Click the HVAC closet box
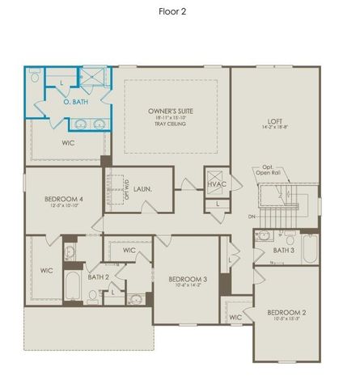(214, 184)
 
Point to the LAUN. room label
(155, 189)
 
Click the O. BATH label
(76, 103)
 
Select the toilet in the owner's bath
(34, 79)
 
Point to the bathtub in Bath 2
(71, 286)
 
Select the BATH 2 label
(98, 277)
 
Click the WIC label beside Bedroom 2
(235, 317)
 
